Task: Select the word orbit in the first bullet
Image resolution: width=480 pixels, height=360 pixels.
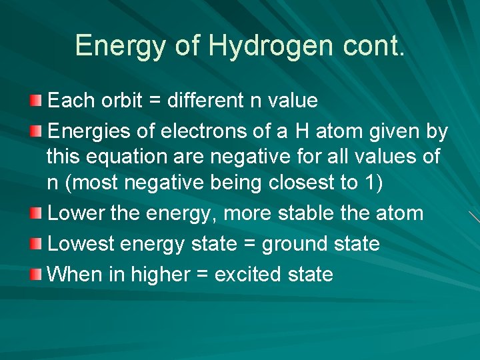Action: pyautogui.click(x=122, y=101)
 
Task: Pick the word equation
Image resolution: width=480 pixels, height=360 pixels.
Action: pyautogui.click(x=136, y=157)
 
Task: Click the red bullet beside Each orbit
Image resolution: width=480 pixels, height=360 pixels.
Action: pyautogui.click(x=35, y=100)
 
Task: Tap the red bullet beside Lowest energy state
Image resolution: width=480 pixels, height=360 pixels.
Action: pyautogui.click(x=35, y=243)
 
